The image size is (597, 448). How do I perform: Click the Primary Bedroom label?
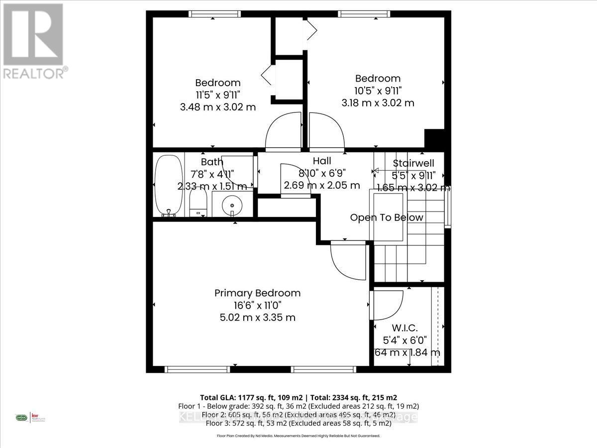point(257,293)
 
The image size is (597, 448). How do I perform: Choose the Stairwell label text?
point(414,163)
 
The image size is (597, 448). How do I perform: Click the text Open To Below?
point(387,218)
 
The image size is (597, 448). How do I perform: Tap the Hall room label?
point(322,161)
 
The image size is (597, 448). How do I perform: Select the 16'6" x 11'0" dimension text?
point(257,305)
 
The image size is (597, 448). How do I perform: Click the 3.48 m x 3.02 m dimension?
point(218,107)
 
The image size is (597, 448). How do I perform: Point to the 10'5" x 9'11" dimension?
point(378,91)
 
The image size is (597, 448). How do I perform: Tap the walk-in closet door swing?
point(387,305)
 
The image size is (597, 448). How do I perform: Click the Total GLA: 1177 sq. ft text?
point(251,397)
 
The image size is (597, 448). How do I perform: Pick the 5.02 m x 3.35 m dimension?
point(257,317)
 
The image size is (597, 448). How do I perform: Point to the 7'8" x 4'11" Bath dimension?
point(212,174)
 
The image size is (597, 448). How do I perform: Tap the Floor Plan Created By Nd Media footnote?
point(298,436)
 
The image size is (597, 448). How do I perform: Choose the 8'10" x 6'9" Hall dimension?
point(322,173)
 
